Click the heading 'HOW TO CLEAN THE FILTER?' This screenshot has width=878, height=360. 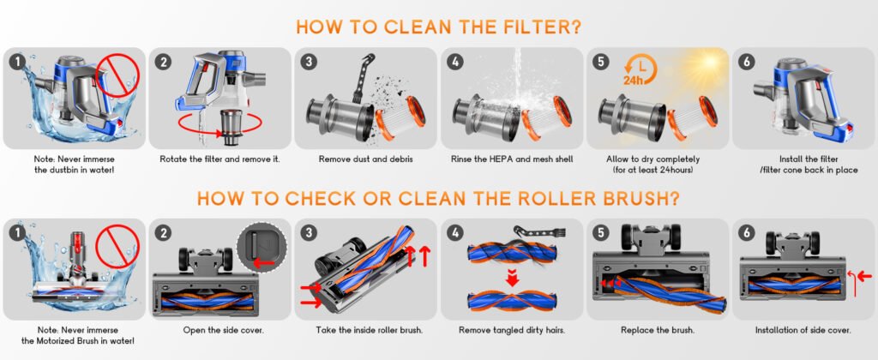pyautogui.click(x=439, y=26)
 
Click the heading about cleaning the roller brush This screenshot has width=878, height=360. pyautogui.click(x=439, y=199)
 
